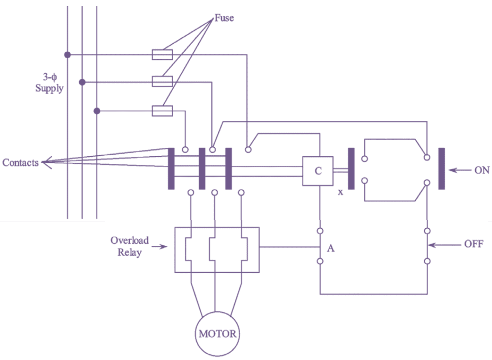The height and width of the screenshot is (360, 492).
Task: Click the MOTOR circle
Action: tap(217, 334)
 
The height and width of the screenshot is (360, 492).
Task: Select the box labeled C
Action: tap(318, 171)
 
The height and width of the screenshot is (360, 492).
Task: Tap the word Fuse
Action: tap(224, 18)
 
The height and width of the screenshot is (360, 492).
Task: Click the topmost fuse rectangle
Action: tap(162, 55)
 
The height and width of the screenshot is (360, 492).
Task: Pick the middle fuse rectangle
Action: tap(162, 82)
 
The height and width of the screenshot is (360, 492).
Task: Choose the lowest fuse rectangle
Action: tap(162, 111)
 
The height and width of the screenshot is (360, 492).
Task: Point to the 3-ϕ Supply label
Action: tap(49, 83)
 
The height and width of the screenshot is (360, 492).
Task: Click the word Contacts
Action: tap(20, 163)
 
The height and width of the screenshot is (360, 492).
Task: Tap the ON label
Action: tap(481, 170)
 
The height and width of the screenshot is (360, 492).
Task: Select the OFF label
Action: tap(473, 244)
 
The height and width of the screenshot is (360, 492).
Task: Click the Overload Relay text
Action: tap(129, 246)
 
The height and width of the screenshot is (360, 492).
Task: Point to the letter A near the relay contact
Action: tap(331, 248)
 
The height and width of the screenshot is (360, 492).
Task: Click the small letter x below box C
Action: tap(340, 192)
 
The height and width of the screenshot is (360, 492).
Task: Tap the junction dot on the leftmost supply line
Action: tap(67, 55)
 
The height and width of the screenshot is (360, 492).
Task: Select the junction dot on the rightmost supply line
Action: tap(97, 111)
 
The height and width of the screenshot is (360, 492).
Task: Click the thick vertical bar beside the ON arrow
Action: tap(441, 168)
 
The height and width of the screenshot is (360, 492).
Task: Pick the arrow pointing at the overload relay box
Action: tap(159, 247)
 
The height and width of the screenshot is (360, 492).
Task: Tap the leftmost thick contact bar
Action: tap(171, 168)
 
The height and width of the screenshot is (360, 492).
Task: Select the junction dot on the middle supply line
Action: tap(82, 82)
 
